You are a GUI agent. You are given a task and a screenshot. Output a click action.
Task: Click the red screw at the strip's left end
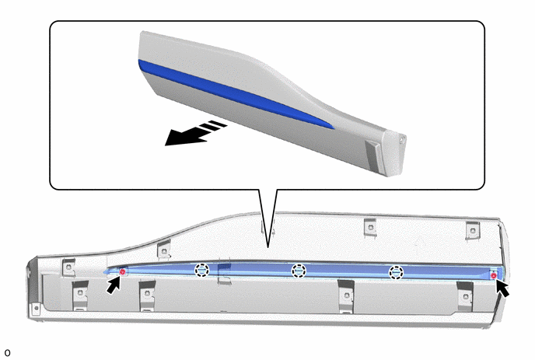tap(123, 271)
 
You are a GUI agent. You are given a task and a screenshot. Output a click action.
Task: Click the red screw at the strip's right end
tap(493, 275)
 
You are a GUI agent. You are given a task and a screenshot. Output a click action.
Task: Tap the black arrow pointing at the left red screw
tap(114, 285)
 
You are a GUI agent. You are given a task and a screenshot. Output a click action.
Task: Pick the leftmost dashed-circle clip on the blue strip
tap(201, 271)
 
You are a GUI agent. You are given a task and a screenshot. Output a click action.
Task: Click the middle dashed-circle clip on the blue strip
tap(299, 271)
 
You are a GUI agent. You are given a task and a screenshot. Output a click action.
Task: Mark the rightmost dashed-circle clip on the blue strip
tap(396, 273)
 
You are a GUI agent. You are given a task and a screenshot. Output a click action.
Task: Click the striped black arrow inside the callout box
tap(195, 133)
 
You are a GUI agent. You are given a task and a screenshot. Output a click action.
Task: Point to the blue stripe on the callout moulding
tap(236, 94)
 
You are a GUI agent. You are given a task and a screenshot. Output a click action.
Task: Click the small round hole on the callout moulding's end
tap(403, 139)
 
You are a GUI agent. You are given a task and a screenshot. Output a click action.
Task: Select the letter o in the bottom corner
tap(8, 353)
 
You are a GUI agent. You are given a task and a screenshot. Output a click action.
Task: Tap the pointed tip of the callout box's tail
tap(268, 248)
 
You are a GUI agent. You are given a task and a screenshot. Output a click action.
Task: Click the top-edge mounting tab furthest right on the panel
tap(473, 230)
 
